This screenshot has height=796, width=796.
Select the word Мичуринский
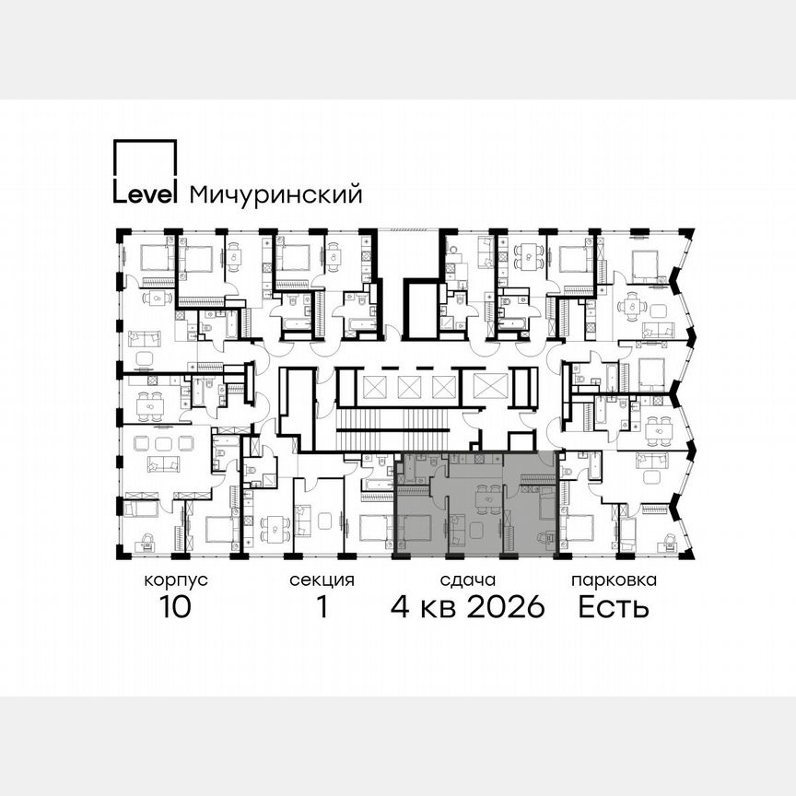(x=275, y=195)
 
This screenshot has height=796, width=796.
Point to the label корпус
(x=176, y=580)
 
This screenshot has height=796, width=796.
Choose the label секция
(x=322, y=580)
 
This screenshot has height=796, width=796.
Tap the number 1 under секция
(x=322, y=608)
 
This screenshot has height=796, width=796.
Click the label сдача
(x=468, y=580)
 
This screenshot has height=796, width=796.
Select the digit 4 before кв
(x=400, y=608)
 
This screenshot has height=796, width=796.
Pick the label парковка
(x=614, y=580)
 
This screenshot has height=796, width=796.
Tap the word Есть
(x=614, y=608)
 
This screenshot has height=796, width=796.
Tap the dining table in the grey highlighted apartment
(x=483, y=498)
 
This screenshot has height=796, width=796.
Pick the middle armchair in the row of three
(x=163, y=442)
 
